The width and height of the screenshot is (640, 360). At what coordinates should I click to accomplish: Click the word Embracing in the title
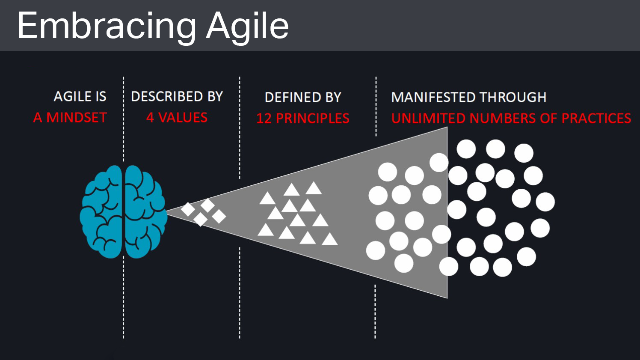(107, 26)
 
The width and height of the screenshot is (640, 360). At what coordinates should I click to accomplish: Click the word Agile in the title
(247, 26)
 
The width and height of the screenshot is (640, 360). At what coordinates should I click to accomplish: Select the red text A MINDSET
(70, 118)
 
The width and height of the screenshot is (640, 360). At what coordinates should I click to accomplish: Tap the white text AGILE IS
(80, 97)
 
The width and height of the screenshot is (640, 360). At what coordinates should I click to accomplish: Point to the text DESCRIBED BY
(177, 97)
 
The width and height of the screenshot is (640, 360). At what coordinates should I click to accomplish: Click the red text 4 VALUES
(177, 118)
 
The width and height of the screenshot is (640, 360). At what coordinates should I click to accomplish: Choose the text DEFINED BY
(303, 98)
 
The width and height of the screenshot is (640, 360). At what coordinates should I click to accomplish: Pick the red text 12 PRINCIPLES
(303, 119)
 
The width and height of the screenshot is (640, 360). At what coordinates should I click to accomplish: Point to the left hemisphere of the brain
(102, 212)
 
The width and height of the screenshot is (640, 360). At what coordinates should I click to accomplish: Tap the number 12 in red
(264, 119)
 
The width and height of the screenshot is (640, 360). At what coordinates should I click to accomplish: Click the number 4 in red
(150, 118)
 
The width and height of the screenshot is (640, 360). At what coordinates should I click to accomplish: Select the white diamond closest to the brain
(188, 209)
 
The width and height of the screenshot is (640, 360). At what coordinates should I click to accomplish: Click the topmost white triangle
(314, 188)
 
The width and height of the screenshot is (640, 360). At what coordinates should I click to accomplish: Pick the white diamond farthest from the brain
(219, 216)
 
